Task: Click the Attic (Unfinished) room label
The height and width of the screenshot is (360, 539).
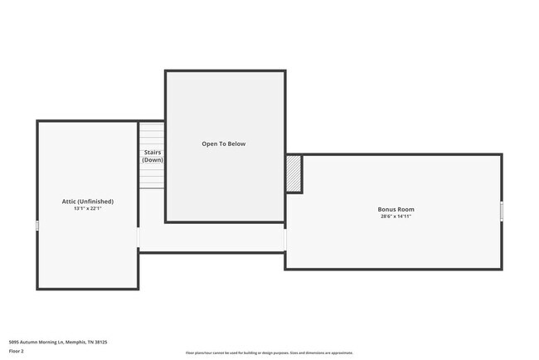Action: [87, 202]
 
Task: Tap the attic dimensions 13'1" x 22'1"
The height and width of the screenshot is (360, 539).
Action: [87, 209]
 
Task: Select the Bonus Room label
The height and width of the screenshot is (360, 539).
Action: [396, 209]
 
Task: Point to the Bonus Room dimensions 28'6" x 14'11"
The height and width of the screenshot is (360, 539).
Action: [396, 216]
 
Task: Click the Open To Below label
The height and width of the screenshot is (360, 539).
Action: [224, 144]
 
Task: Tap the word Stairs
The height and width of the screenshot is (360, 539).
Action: [152, 153]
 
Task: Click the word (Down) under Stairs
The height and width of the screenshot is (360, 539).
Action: [152, 160]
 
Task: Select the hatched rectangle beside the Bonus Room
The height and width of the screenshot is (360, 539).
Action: [294, 173]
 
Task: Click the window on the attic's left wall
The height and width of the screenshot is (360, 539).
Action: [37, 226]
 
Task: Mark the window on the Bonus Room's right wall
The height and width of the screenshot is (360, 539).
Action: [502, 212]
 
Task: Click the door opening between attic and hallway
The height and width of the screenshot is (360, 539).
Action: [138, 239]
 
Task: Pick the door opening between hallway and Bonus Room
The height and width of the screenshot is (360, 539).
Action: [285, 239]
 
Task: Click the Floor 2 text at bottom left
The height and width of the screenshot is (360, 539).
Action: [17, 352]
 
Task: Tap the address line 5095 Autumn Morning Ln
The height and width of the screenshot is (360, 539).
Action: [58, 341]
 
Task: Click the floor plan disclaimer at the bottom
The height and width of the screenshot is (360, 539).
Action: [269, 353]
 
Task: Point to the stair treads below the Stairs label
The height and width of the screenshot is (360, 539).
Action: [152, 177]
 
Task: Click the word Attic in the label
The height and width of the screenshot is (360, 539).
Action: [69, 202]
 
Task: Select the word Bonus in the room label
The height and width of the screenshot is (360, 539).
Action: [387, 209]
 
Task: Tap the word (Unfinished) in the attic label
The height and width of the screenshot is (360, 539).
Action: [96, 202]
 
